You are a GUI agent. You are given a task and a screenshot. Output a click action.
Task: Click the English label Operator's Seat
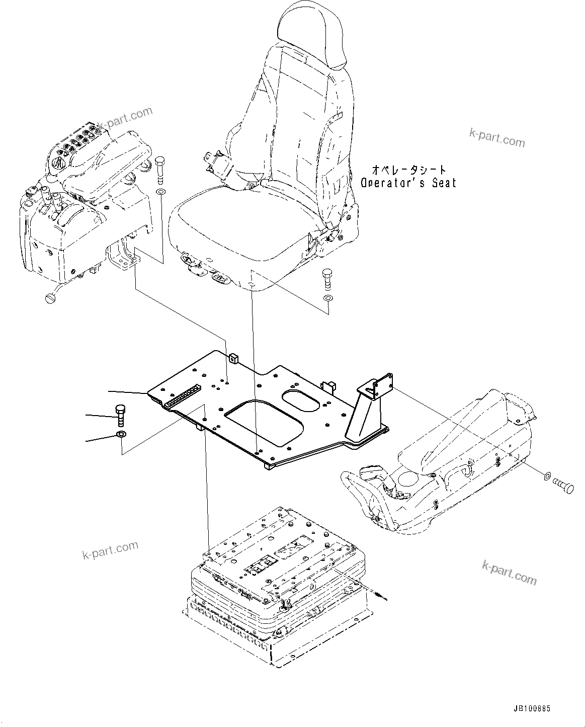[x=408, y=182]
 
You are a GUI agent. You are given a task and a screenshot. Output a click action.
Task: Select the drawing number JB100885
[x=532, y=708]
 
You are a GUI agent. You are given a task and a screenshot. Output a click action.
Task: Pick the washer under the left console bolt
[x=160, y=193]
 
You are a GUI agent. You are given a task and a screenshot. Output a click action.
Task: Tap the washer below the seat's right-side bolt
[x=328, y=299]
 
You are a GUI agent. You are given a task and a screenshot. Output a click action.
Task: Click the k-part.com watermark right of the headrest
[x=496, y=137]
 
